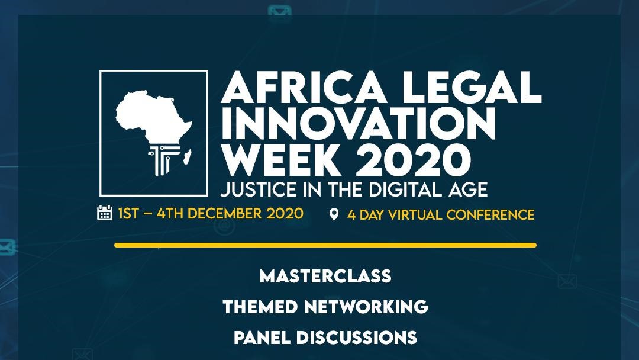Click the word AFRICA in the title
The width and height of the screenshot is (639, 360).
pos(303,87)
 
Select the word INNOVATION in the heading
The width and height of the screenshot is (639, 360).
pos(358,124)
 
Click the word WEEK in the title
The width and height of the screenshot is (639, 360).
pos(281,159)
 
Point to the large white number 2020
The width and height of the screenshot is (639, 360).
pos(413,159)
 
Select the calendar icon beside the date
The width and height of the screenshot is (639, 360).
pos(105,213)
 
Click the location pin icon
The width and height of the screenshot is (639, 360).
pos(334,214)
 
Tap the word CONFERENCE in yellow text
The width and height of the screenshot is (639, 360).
pos(490,215)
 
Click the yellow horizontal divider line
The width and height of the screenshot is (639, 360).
pos(325,245)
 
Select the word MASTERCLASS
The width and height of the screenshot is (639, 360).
pos(325,276)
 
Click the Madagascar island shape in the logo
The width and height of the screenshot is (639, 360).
pos(188,157)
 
